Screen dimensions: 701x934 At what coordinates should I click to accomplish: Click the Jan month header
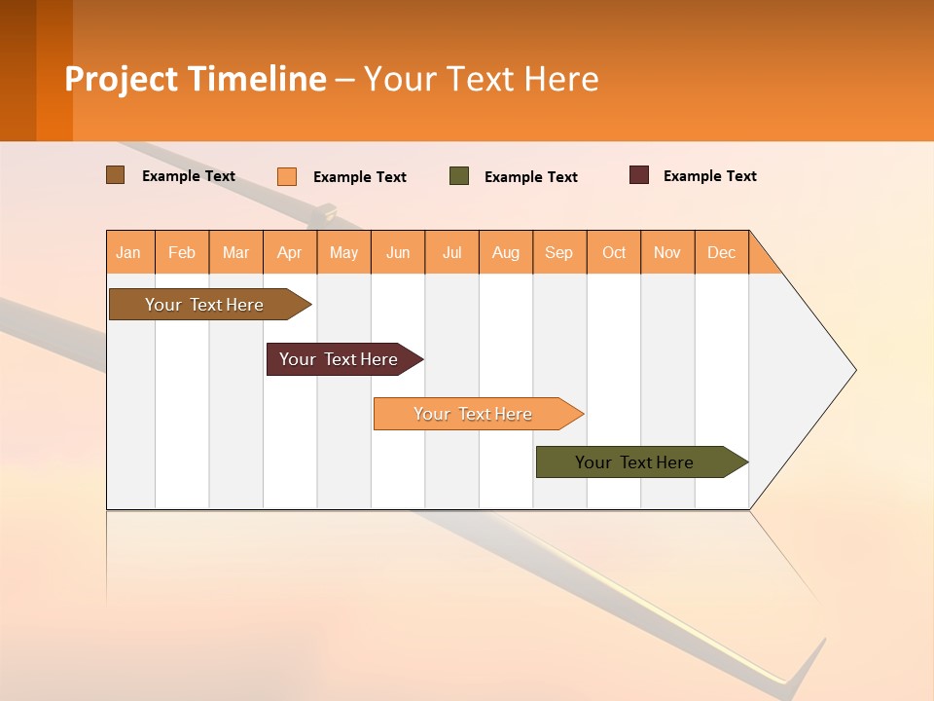129,252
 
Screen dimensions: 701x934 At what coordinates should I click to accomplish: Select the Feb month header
182,252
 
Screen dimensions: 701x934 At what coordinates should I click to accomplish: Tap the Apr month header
290,252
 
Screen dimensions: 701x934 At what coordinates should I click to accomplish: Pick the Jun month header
398,252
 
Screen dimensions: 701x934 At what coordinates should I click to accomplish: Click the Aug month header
506,252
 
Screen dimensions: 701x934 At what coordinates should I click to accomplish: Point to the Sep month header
559,252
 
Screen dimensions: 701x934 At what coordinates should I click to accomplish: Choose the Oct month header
614,252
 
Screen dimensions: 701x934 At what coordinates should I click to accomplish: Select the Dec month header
722,252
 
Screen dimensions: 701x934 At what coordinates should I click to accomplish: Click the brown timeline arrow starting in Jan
204,305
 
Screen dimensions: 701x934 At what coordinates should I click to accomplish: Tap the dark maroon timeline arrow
339,359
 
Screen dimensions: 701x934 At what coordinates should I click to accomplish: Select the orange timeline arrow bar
473,414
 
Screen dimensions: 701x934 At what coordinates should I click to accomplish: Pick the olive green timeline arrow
634,462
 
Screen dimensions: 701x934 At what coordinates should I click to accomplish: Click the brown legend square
116,175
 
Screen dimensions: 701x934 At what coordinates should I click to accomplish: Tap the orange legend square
287,176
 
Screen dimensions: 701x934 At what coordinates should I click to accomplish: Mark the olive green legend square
459,176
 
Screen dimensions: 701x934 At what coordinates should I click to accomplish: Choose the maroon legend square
639,175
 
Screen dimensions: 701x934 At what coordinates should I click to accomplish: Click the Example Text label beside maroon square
710,176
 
